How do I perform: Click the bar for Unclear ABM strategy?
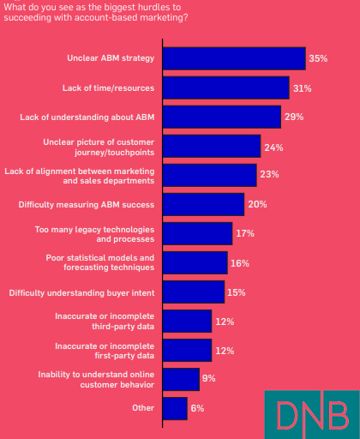click(x=233, y=58)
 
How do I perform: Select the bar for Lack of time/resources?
click(x=225, y=87)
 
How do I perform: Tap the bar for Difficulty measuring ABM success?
click(x=203, y=204)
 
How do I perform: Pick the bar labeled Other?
click(x=174, y=408)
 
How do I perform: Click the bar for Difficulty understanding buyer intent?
click(x=193, y=292)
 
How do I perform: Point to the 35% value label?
click(x=318, y=58)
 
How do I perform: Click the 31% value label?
click(x=302, y=88)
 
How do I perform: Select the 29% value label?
click(x=293, y=117)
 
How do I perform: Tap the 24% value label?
click(x=273, y=147)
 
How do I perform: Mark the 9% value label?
click(x=208, y=378)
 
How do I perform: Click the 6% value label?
click(x=197, y=408)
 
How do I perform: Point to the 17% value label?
click(x=244, y=233)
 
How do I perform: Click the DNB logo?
click(x=306, y=414)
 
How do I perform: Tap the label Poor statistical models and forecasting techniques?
click(x=99, y=262)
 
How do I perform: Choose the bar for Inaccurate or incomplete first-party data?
click(x=186, y=350)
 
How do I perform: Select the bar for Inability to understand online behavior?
click(x=180, y=379)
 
